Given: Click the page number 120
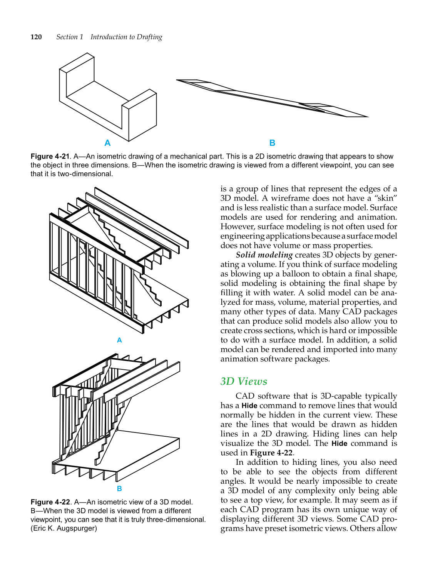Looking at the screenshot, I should coord(36,37).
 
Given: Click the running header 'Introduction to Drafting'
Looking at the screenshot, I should coord(126,37).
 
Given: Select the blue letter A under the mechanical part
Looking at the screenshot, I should coord(107,143).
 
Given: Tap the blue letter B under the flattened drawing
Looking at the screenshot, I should coord(272,143).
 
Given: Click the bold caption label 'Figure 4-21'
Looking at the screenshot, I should coord(50,157).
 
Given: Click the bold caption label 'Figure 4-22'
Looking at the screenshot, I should coord(50,502).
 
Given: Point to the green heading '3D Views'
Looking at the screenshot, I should coord(244,381).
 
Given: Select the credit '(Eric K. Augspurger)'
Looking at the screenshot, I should coord(64,528).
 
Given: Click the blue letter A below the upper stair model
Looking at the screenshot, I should coord(119,340).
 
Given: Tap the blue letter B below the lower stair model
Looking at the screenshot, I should coord(119,489).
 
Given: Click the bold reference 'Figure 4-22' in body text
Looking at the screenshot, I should coord(271,453).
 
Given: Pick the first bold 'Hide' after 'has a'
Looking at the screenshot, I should coord(249,406).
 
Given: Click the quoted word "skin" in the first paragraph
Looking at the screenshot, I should coord(385,198).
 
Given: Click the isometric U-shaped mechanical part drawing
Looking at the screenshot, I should coord(108,98).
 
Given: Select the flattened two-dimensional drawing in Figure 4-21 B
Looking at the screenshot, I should coord(272,98).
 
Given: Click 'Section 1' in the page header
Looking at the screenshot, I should coord(70,37).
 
